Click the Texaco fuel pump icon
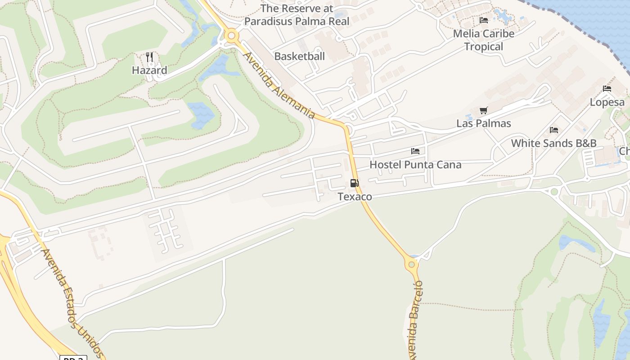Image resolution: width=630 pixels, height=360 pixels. [355, 183]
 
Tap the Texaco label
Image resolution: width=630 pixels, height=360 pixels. [355, 197]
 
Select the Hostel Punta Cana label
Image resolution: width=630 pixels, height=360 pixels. [415, 165]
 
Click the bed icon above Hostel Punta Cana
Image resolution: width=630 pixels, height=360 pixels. [415, 151]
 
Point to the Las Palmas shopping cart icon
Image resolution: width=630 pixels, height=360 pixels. [484, 110]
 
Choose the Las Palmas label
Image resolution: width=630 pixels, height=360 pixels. [484, 123]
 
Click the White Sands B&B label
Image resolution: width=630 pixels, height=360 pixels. [553, 143]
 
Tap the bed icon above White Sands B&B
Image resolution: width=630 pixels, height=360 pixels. [554, 130]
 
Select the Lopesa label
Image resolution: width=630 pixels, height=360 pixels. [607, 102]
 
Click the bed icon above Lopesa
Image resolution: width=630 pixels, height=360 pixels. [607, 89]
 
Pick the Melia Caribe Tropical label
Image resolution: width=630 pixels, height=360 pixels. [483, 40]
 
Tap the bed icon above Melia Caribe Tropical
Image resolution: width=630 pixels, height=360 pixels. [484, 20]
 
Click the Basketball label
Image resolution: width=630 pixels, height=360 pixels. [299, 56]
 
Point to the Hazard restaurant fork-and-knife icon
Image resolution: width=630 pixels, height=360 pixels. [149, 57]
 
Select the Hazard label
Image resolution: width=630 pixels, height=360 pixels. [149, 70]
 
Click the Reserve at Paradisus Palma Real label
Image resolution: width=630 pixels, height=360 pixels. [297, 15]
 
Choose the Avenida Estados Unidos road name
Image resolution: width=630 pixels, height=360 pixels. [72, 303]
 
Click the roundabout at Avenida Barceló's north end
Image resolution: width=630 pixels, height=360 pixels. [411, 264]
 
